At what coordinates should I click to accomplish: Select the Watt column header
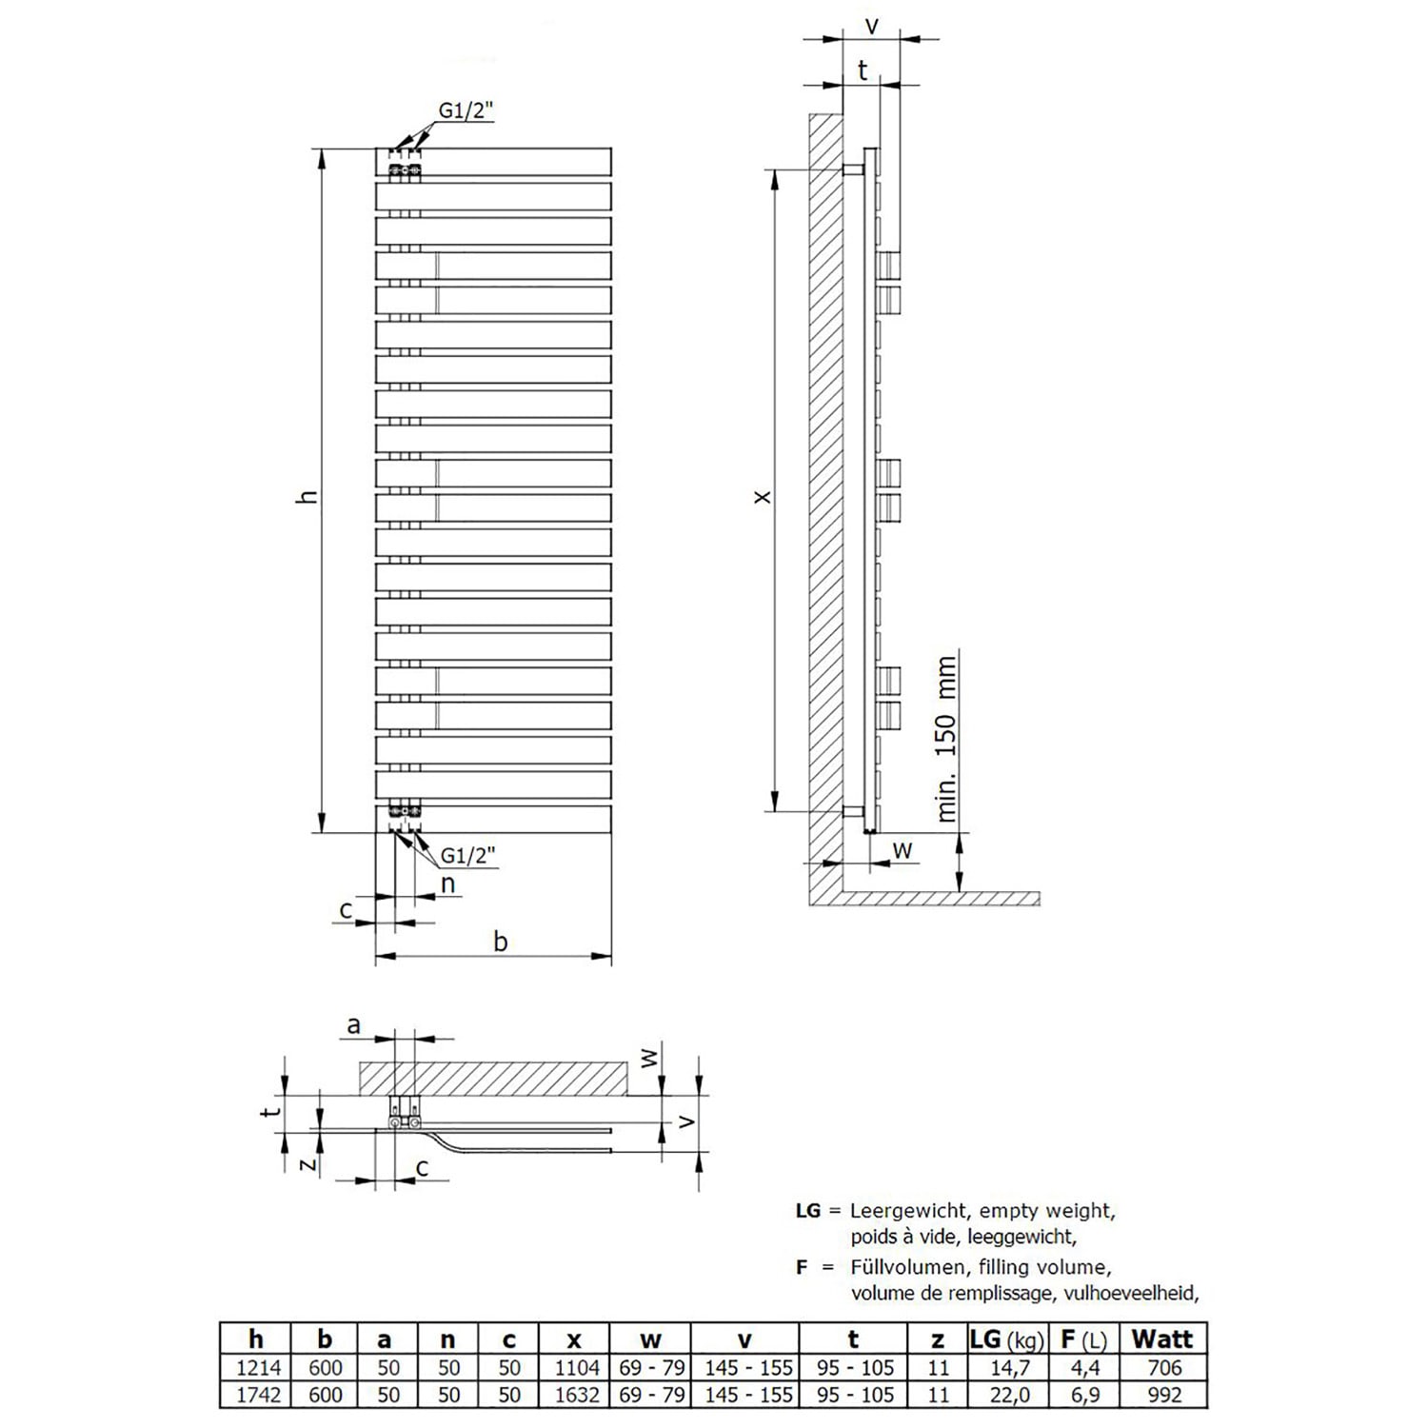(x=1162, y=1339)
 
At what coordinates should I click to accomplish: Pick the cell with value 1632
(x=573, y=1395)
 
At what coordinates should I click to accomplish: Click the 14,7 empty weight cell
(x=1009, y=1368)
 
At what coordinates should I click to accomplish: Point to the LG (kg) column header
(x=1007, y=1339)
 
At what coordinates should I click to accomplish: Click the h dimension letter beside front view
(x=307, y=495)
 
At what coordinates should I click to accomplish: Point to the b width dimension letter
(x=501, y=941)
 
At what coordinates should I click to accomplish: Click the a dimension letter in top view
(x=354, y=1025)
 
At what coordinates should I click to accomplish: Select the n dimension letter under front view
(x=447, y=885)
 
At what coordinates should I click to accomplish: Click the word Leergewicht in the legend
(x=907, y=1212)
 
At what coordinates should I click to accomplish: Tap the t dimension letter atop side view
(x=863, y=69)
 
